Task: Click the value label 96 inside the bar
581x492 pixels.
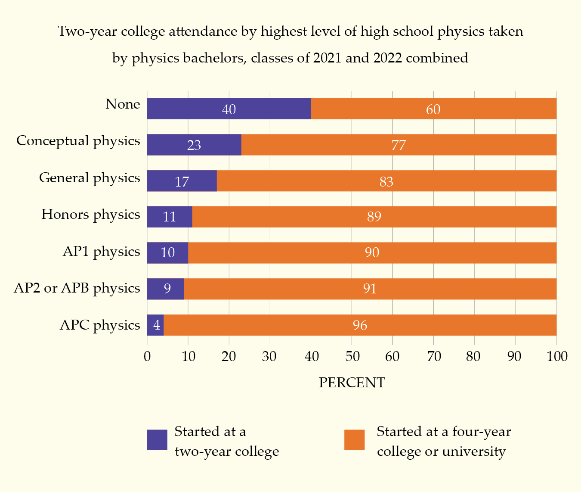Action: [x=360, y=325]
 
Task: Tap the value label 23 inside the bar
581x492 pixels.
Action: [x=194, y=145]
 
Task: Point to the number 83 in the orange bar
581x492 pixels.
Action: [x=386, y=182]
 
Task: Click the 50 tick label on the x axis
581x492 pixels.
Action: [x=352, y=357]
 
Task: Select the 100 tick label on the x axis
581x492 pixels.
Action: [x=557, y=357]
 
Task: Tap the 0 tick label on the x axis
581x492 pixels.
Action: [x=147, y=357]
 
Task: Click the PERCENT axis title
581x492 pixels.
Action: [x=352, y=383]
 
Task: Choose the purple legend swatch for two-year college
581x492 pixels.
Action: [x=157, y=440]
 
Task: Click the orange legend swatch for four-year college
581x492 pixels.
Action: [x=354, y=440]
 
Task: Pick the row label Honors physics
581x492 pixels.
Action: [x=90, y=215]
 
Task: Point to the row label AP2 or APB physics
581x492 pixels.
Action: [x=77, y=288]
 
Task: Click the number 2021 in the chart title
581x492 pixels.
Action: [x=328, y=58]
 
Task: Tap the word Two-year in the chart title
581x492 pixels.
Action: [x=85, y=31]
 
